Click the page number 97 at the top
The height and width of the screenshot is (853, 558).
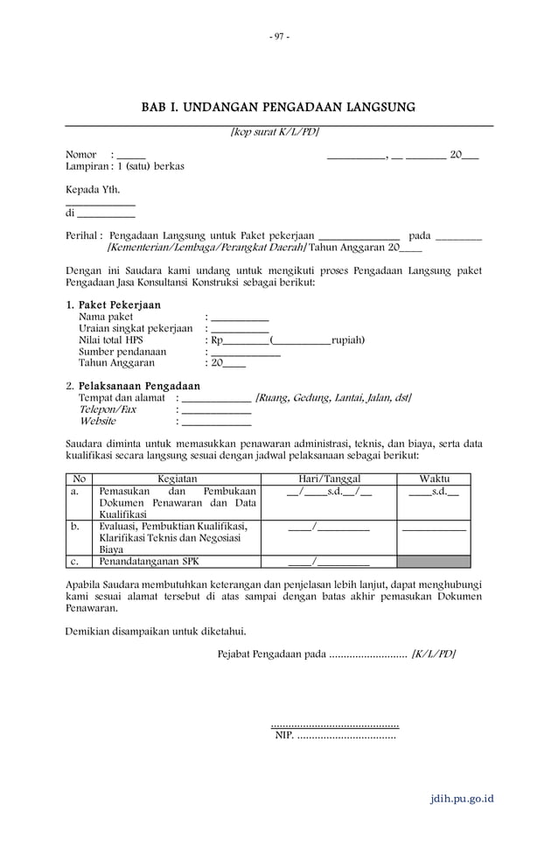pos(279,36)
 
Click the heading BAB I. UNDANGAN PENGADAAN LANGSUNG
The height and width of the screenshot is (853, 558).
pos(278,108)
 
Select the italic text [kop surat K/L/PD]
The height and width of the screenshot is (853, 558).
pos(274,132)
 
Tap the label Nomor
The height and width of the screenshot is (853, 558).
pos(81,155)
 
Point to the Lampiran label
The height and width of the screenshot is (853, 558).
pos(86,166)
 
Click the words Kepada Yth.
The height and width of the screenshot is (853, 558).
pos(93,189)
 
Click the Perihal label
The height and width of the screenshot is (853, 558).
pos(83,236)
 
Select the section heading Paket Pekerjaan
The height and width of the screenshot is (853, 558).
pos(119,305)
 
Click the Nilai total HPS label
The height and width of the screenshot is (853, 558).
pos(111,340)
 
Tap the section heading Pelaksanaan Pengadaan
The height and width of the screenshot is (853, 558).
pos(139,386)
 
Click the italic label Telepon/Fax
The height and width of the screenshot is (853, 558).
pos(108,409)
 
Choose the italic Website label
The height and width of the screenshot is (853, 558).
pos(97,421)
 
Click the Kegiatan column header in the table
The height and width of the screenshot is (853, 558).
pos(177,479)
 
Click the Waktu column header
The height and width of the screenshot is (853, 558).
pos(434,479)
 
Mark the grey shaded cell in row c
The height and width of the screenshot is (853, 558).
pos(434,562)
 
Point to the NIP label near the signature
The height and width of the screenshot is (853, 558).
pos(283,736)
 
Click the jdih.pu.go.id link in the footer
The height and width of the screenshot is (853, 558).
pos(462,799)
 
